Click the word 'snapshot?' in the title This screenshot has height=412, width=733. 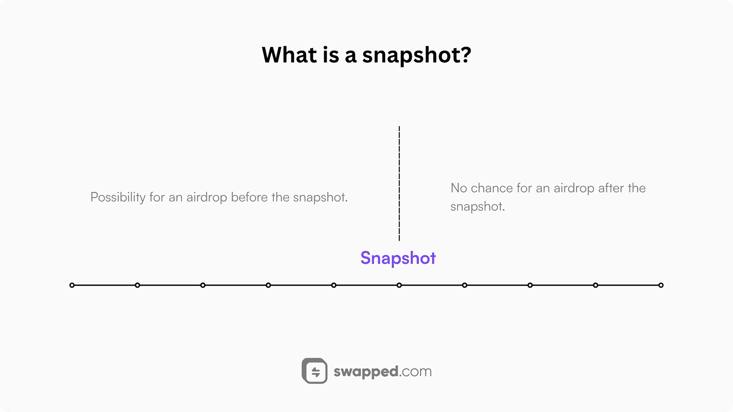[x=416, y=55]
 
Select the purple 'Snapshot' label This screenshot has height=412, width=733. [x=398, y=258]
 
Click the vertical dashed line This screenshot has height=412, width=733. [x=399, y=184]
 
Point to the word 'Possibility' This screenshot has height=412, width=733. [x=118, y=197]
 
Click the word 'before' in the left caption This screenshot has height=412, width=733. [x=249, y=197]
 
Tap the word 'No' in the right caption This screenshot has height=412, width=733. [x=459, y=188]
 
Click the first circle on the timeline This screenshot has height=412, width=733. [x=72, y=285]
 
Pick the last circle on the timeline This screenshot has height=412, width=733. [x=661, y=285]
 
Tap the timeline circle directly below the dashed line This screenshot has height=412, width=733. [x=399, y=285]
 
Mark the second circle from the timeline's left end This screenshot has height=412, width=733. [x=137, y=285]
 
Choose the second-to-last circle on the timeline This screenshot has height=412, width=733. [x=596, y=285]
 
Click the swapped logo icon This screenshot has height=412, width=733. [x=314, y=371]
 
